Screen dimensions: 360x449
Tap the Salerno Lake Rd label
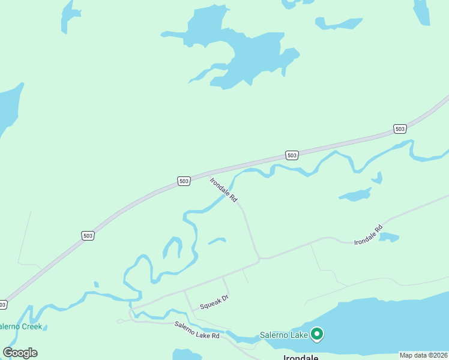point(197,331)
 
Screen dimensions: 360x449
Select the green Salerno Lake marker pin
point(316,334)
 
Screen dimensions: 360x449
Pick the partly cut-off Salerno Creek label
point(20,326)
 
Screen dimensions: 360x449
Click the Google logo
point(20,353)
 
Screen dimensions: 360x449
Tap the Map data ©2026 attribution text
point(423,355)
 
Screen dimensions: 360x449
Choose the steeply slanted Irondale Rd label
point(224,189)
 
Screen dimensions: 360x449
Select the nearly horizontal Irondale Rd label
point(368,235)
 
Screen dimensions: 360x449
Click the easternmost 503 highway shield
point(400,128)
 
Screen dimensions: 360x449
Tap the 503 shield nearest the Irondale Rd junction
point(184,181)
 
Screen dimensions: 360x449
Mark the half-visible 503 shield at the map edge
point(3,305)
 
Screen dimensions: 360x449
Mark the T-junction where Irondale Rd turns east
point(259,259)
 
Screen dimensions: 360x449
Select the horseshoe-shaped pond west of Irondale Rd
point(173,246)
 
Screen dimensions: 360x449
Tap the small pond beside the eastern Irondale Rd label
point(388,236)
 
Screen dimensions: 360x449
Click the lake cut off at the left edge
point(8,108)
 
